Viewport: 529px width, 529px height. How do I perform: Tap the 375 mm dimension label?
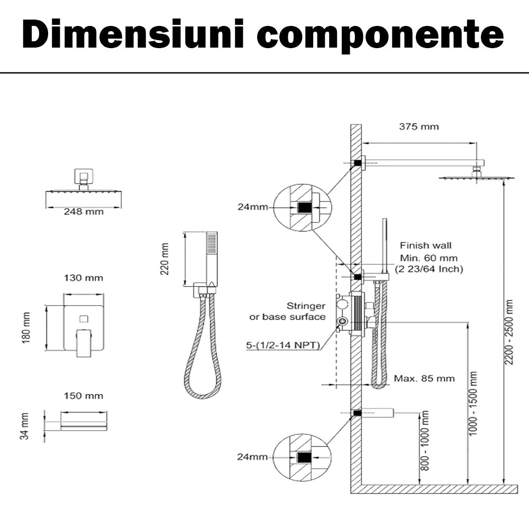click(419, 126)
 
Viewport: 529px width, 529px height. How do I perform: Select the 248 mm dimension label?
click(84, 212)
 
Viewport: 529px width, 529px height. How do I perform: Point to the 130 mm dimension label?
click(84, 278)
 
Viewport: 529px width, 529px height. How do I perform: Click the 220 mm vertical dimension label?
click(166, 259)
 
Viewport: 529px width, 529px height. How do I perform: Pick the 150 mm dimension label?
click(84, 396)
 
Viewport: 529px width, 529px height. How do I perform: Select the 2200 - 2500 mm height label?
click(509, 332)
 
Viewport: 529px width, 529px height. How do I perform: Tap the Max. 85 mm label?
click(424, 378)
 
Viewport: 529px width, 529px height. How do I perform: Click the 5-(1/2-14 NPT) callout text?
click(283, 345)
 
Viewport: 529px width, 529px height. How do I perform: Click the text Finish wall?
click(426, 245)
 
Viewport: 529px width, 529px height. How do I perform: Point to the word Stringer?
click(306, 306)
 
